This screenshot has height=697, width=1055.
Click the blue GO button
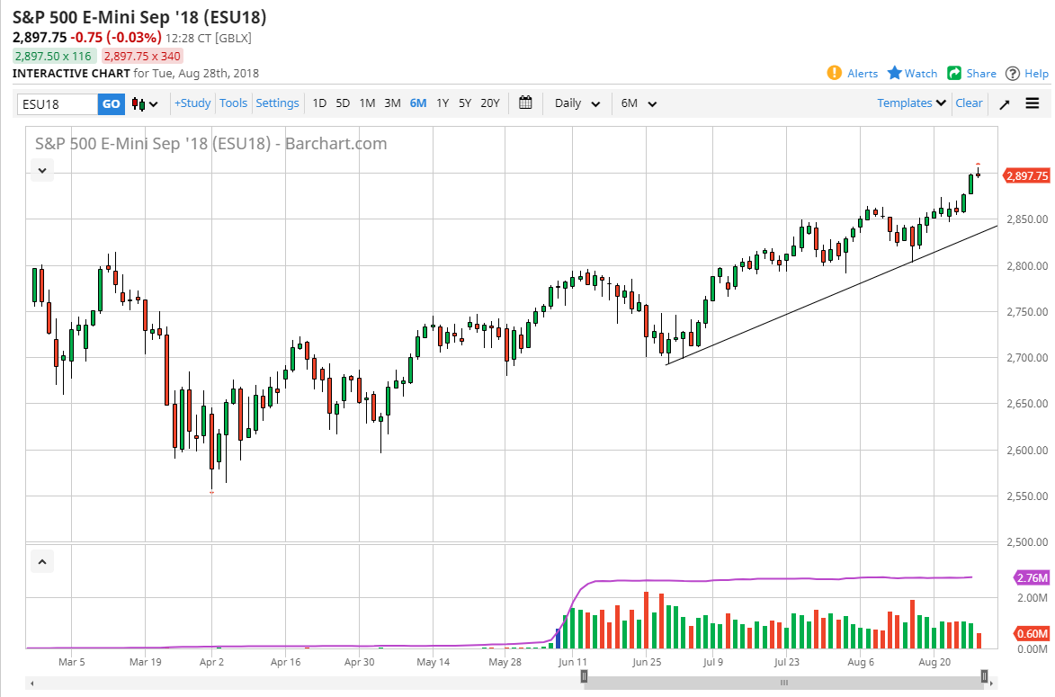tap(111, 103)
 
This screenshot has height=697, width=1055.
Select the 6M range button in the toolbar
tap(418, 103)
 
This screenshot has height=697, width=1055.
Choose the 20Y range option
tap(489, 103)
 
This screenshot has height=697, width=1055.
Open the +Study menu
tap(192, 103)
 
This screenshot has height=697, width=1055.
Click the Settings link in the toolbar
tap(277, 103)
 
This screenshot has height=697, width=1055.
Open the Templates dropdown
tap(912, 103)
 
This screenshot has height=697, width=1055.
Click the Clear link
tap(969, 103)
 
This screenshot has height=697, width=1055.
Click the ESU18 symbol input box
tap(57, 103)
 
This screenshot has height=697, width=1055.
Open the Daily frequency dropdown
tap(577, 103)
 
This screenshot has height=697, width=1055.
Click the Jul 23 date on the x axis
tap(787, 662)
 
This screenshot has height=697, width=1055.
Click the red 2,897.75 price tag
tap(1026, 176)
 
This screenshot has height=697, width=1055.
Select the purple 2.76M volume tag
tap(1031, 577)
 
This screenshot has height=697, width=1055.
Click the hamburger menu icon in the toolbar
tap(1032, 103)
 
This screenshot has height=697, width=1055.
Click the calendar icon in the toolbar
tap(526, 103)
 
